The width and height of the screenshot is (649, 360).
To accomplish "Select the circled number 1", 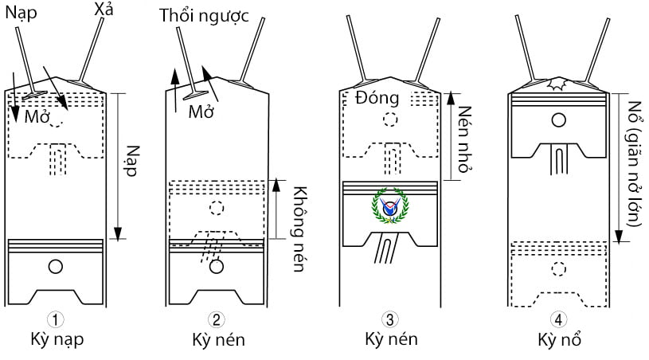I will tap(55, 320).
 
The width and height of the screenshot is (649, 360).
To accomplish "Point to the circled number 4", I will tap(560, 320).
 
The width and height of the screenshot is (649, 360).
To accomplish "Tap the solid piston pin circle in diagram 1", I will tap(56, 267).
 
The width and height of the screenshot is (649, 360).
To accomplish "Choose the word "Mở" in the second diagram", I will tap(201, 112).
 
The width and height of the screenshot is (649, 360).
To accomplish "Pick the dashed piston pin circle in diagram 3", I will tap(389, 119).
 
